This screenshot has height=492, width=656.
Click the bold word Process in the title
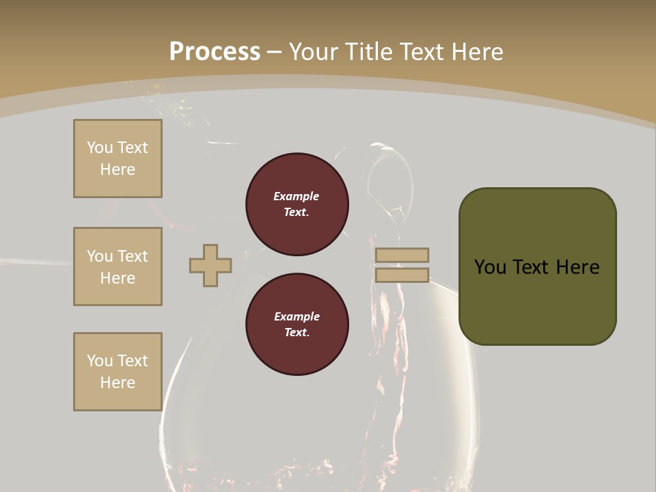point(215,51)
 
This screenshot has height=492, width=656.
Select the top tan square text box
point(118,159)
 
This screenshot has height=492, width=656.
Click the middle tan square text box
point(118,266)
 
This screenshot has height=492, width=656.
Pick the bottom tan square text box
point(118,372)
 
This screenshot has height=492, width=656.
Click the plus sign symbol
point(210,265)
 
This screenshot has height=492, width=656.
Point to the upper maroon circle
point(297,204)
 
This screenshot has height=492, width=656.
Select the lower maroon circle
point(297,325)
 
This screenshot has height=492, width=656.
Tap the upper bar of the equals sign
point(402,255)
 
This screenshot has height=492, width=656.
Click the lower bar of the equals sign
point(402,275)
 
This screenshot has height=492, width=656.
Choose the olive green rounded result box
point(538,266)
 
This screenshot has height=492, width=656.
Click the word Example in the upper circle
point(297,196)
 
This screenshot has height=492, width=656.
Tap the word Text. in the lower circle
point(297,333)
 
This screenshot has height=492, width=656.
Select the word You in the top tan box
point(100,148)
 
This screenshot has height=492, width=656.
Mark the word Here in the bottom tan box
point(118,383)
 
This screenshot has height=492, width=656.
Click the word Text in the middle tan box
point(132,256)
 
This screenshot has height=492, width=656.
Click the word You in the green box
point(491,267)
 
